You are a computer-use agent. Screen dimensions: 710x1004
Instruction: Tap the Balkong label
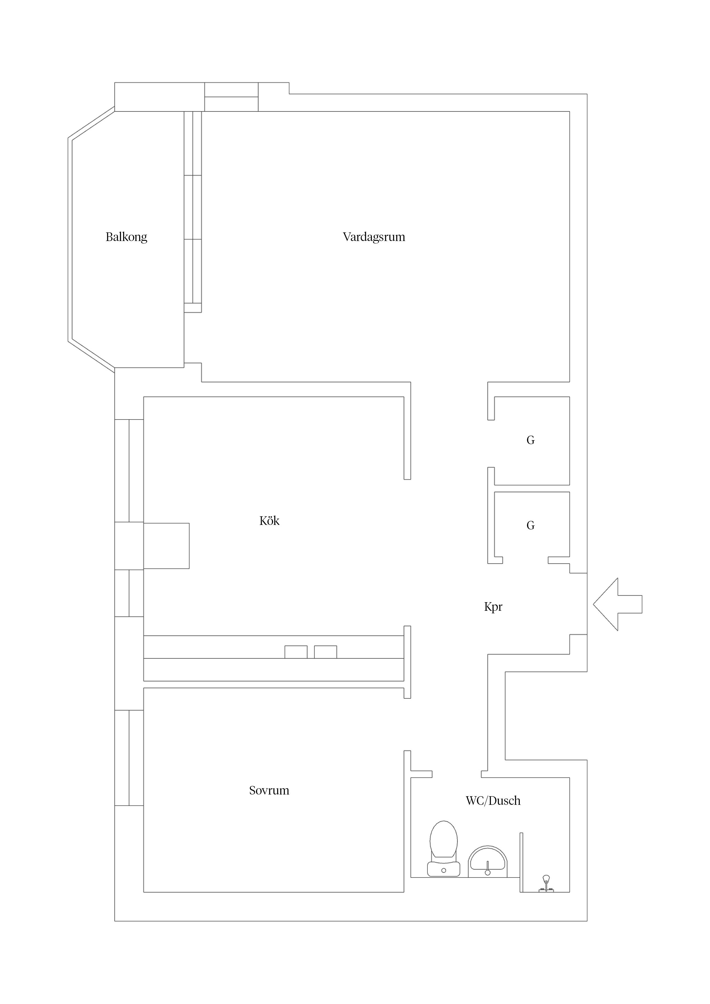click(127, 237)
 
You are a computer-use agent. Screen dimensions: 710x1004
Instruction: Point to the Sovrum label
click(269, 790)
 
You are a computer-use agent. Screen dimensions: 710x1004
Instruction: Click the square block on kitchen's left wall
click(166, 546)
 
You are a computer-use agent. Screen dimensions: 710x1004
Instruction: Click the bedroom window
click(129, 758)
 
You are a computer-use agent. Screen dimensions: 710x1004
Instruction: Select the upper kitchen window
click(129, 471)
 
